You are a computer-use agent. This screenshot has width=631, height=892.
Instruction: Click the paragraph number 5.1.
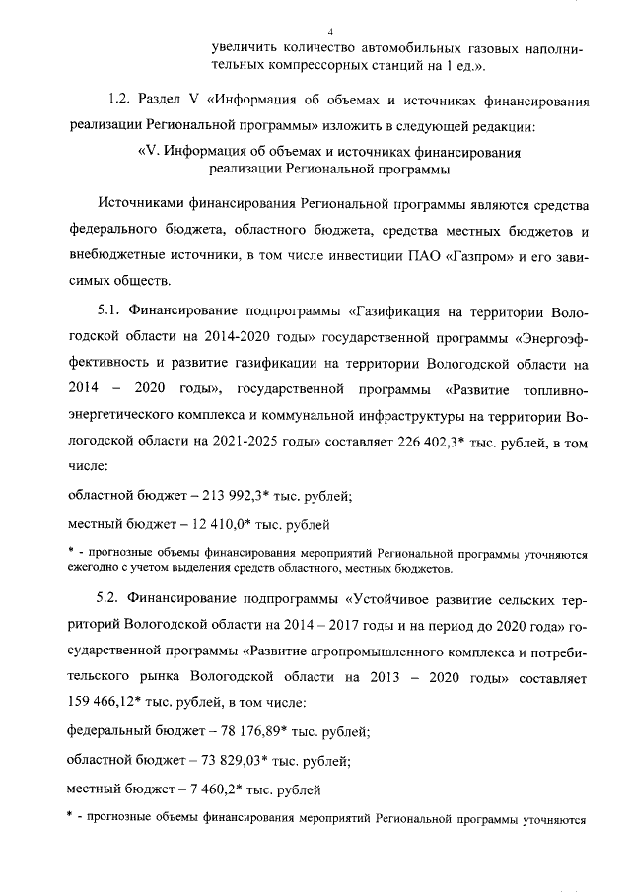pos(106,311)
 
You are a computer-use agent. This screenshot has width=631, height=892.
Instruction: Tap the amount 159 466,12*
pos(105,703)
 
